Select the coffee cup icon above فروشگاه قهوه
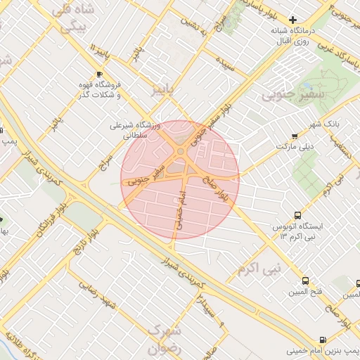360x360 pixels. click(x=99, y=74)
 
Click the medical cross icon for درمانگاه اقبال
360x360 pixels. click(x=293, y=20)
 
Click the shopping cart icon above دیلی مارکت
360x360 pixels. click(x=294, y=136)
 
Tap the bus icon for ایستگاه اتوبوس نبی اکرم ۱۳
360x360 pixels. click(x=298, y=216)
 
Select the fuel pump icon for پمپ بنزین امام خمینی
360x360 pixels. click(x=323, y=339)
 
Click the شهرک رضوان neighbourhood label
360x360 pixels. click(x=165, y=337)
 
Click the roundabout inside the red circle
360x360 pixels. click(x=181, y=151)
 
